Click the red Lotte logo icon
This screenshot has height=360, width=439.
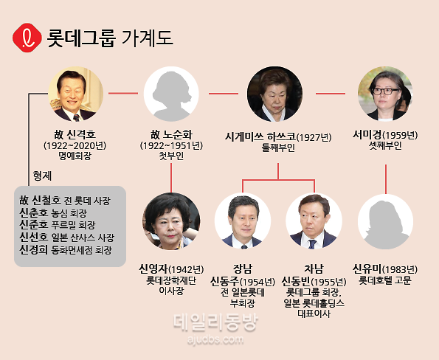[27, 38]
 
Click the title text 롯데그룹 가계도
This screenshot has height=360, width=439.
[110, 38]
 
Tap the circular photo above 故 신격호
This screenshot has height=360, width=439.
[75, 94]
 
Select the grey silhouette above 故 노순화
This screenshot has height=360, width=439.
[171, 94]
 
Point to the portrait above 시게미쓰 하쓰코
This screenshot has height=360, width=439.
[274, 94]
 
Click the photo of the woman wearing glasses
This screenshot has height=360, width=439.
[385, 94]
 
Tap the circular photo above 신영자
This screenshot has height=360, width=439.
[171, 221]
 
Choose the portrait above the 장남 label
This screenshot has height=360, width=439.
[243, 221]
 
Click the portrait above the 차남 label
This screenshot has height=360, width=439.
[314, 221]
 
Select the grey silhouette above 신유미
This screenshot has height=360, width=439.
[386, 221]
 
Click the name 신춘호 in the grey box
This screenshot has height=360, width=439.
[34, 212]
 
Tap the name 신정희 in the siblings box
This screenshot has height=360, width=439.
[34, 249]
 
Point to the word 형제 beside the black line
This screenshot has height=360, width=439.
[42, 176]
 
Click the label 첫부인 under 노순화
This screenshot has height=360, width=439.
[171, 156]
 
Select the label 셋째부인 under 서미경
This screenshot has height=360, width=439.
[385, 145]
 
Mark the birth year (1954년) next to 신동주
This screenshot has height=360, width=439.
[257, 282]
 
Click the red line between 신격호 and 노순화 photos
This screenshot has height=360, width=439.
[123, 93]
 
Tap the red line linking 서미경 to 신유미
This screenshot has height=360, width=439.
[386, 179]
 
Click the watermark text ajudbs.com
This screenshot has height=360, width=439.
[215, 339]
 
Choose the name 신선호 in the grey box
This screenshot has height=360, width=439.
[34, 238]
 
